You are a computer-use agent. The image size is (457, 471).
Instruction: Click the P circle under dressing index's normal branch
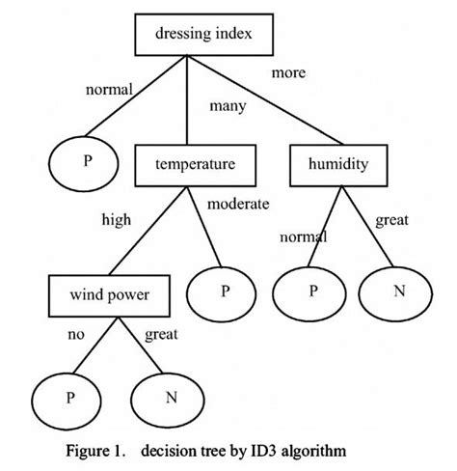pos(86,161)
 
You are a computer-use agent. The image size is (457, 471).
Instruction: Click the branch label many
pos(228,105)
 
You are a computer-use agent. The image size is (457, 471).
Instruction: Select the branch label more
pos(288,72)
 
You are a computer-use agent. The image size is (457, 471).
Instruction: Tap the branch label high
pos(116,219)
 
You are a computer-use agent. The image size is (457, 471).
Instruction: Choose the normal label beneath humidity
pos(303,235)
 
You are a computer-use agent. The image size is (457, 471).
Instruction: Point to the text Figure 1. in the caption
pos(97,450)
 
